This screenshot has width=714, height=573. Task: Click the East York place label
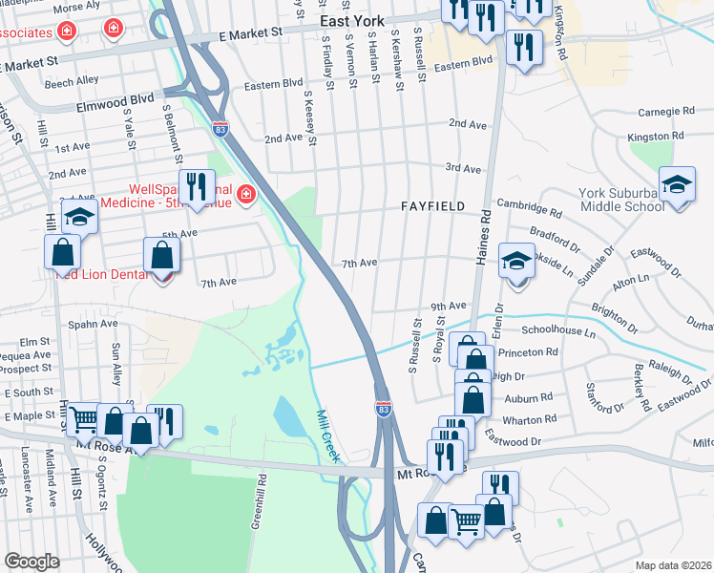352,20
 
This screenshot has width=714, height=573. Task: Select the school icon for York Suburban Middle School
677,185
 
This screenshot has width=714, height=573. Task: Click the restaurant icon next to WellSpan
198,187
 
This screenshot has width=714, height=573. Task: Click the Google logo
31,561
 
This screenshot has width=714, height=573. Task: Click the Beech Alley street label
72,82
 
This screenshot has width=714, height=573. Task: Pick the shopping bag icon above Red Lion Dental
161,256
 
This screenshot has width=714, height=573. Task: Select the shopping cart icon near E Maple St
83,418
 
